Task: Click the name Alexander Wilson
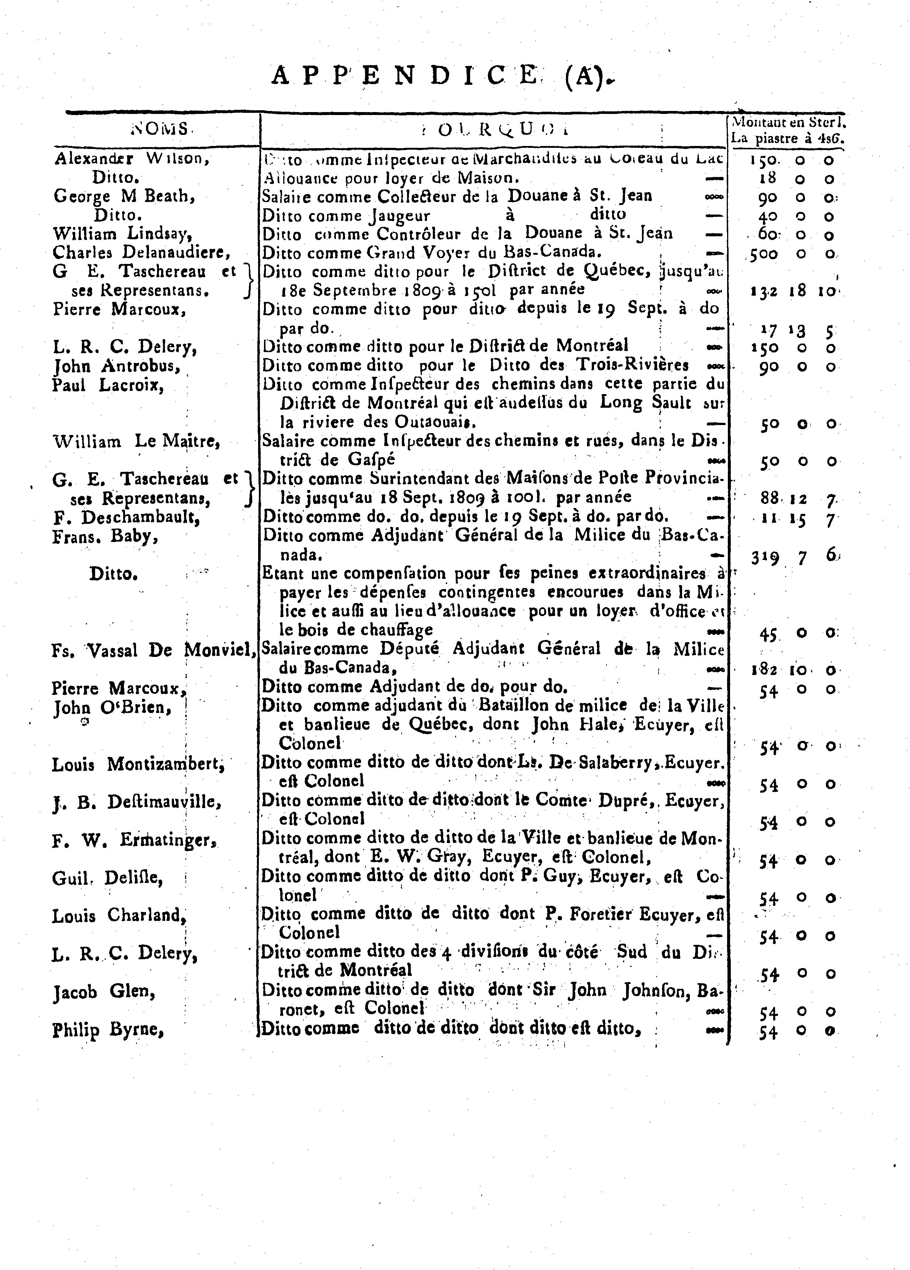132,159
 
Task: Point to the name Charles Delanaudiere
141,253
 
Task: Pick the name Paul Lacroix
108,385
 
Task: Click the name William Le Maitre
136,442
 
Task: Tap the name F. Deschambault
126,518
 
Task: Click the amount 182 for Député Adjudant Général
765,670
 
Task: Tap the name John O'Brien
112,708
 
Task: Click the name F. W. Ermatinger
135,840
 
